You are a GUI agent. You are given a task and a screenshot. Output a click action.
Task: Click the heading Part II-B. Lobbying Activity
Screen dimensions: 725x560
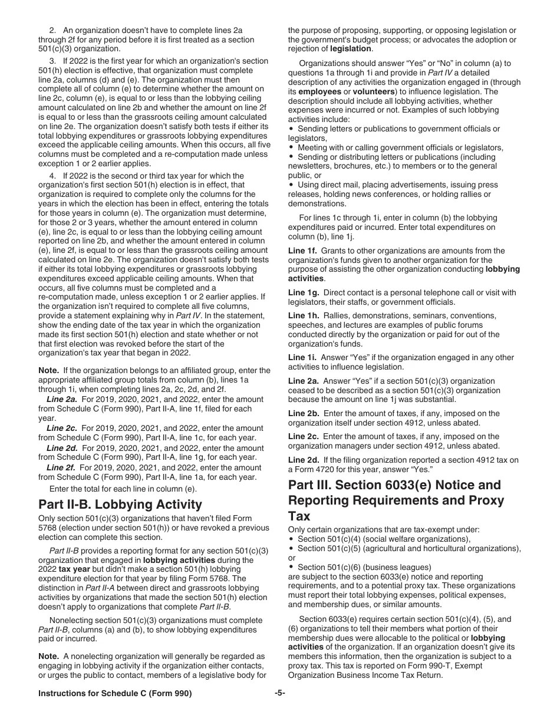pos(120,505)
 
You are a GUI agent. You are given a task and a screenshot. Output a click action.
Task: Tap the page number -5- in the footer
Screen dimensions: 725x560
pos(279,693)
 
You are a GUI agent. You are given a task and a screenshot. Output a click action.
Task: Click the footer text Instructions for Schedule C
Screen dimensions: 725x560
pos(115,694)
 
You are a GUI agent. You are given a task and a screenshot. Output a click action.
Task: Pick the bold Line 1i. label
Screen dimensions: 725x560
pos(302,357)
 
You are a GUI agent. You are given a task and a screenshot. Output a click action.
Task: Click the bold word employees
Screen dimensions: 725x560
pos(319,92)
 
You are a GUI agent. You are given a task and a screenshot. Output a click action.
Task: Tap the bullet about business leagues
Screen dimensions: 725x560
pos(364,567)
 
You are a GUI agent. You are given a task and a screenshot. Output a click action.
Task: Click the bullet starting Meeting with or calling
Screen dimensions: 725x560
pos(400,147)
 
